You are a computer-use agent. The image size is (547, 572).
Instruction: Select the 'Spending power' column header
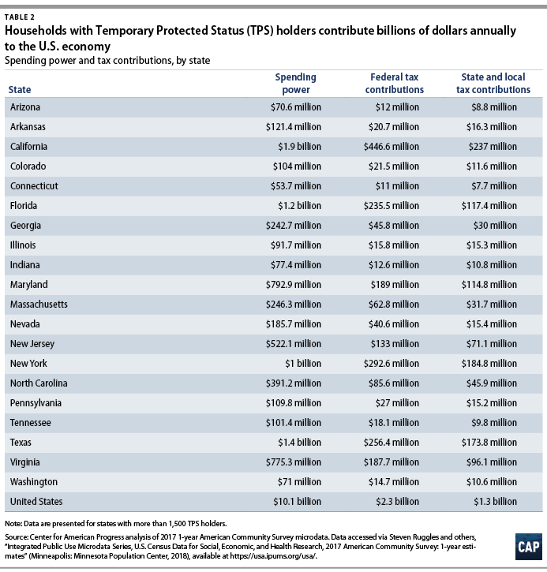pos(295,84)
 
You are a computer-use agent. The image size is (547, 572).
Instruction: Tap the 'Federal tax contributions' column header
pos(396,84)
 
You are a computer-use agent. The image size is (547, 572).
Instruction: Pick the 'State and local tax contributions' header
pos(495,84)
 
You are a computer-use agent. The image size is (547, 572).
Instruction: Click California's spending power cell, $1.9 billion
pos(299,147)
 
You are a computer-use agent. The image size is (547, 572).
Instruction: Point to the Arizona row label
pos(25,107)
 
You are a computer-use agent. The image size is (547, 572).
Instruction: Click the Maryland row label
pos(29,284)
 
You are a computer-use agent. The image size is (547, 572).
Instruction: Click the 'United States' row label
pos(36,501)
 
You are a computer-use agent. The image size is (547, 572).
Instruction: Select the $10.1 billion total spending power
pos(298,501)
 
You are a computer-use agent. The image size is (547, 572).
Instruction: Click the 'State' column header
pos(19,90)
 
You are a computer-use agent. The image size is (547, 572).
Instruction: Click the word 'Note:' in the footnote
pos(13,523)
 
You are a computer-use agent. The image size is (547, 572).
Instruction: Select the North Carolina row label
pos(39,383)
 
